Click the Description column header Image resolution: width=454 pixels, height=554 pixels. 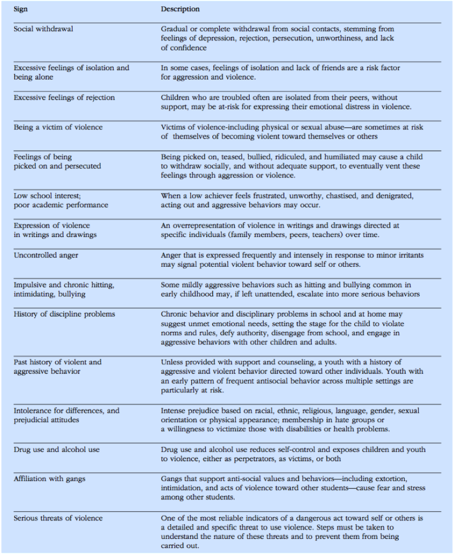[x=180, y=9]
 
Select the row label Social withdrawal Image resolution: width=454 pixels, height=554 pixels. [x=43, y=29]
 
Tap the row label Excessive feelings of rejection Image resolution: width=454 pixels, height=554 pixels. [x=64, y=97]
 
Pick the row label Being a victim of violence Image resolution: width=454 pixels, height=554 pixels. [x=58, y=127]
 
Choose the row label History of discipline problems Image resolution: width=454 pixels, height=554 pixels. [x=64, y=314]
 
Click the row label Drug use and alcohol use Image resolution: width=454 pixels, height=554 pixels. [x=56, y=450]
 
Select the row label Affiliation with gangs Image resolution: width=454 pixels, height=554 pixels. [x=49, y=479]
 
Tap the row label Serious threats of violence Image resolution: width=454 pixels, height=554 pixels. [x=58, y=518]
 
